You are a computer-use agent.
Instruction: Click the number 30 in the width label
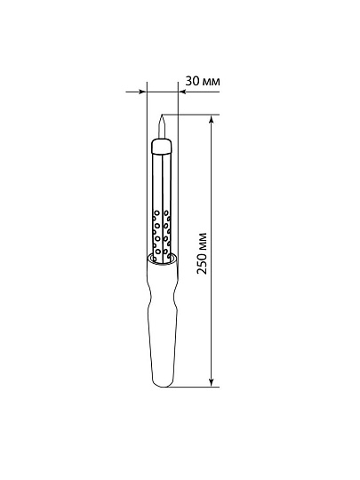point(192,81)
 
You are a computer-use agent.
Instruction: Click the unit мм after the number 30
point(211,82)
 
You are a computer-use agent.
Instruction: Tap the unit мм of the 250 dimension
point(204,242)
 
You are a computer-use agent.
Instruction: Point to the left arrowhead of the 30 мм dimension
point(142,92)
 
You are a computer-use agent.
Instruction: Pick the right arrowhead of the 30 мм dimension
point(182,92)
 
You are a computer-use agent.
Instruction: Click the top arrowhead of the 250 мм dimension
point(211,119)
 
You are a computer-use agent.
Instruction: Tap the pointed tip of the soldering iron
point(162,115)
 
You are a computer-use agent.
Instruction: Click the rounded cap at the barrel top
point(162,147)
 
